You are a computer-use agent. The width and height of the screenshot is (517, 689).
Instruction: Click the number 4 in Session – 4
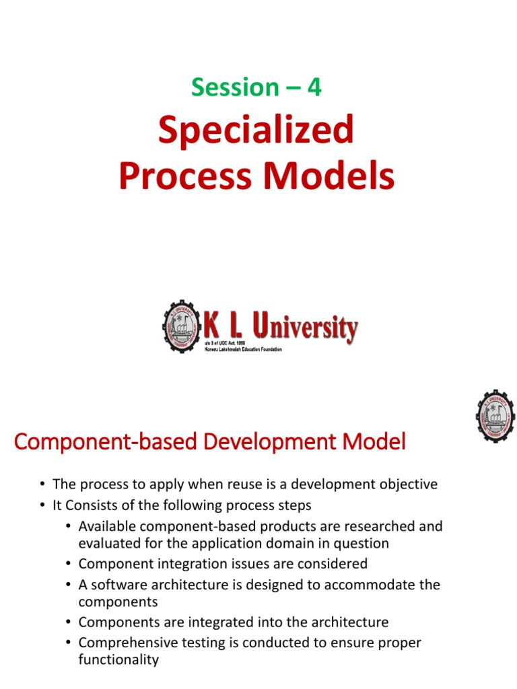point(314,87)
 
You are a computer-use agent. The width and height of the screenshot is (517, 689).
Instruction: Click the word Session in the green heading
point(235,87)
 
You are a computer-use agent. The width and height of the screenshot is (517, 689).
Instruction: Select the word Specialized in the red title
point(256,131)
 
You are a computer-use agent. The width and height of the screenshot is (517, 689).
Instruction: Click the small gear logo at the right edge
point(495,415)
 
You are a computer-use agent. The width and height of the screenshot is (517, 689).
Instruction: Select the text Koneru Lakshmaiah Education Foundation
point(243,350)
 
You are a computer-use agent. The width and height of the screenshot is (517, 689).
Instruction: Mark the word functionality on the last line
point(118,659)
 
